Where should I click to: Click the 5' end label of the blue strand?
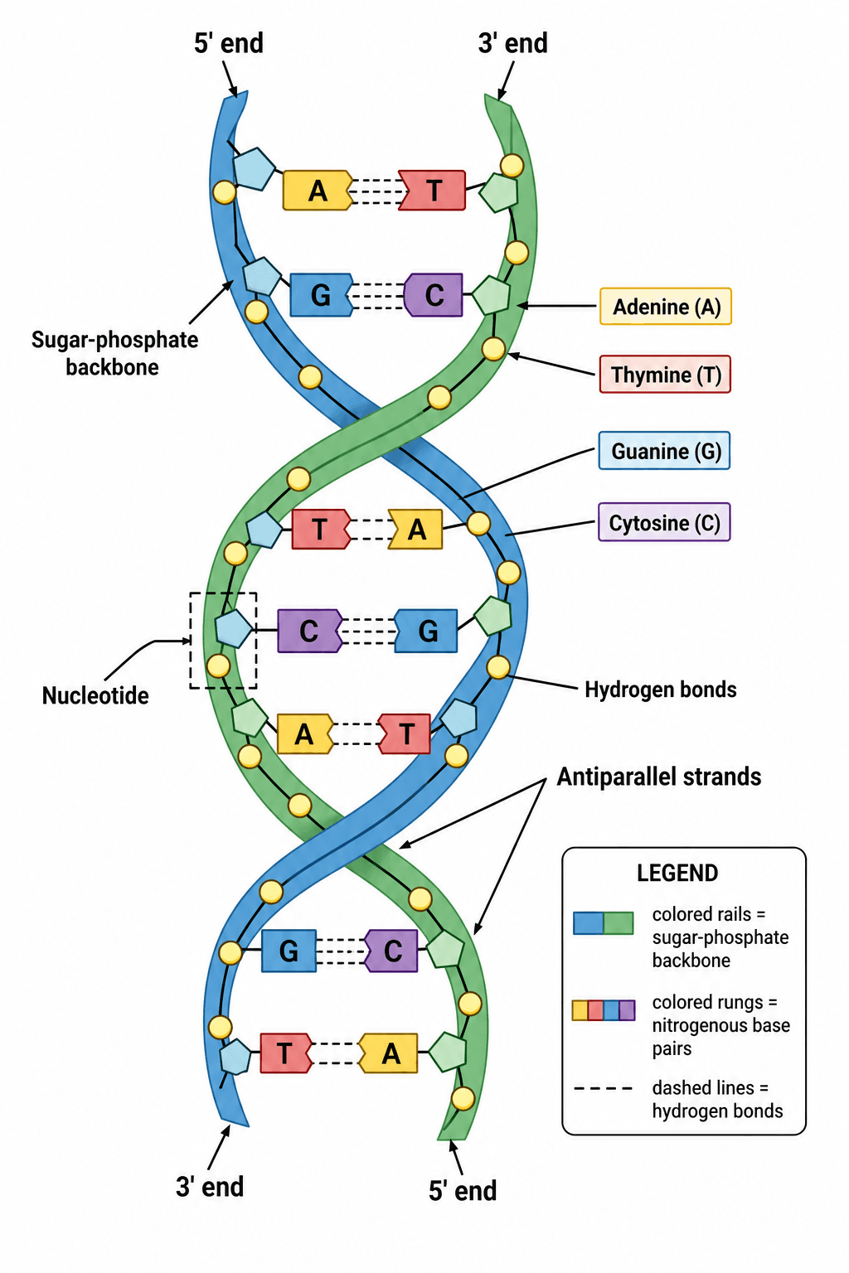229,43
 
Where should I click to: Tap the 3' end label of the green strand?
513,43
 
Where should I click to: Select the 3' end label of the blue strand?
210,1186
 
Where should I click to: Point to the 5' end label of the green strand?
463,1190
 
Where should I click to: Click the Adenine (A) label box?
665,307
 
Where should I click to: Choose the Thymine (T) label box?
665,375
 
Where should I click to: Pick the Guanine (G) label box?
664,451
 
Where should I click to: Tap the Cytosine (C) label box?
664,522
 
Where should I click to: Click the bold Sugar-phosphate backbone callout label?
115,353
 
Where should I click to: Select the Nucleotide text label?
95,695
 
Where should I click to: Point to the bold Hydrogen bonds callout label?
661,690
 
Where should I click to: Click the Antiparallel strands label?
659,777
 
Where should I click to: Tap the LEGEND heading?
677,873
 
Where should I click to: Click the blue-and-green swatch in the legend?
604,923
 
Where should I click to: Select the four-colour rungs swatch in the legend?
604,1010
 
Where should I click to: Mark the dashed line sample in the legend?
604,1089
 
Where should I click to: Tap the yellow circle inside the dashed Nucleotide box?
218,666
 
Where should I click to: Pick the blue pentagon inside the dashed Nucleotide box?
233,628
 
